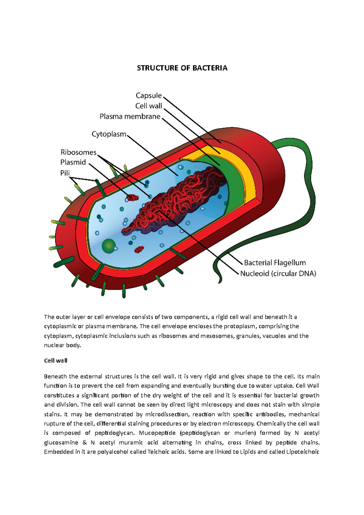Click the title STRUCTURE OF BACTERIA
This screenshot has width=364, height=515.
(182, 68)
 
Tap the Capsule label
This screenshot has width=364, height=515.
(149, 96)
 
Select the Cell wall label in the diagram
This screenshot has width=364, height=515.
(149, 106)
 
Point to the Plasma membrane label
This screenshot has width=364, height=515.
(130, 116)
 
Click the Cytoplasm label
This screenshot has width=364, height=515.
(109, 134)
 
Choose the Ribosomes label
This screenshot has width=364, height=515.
(78, 152)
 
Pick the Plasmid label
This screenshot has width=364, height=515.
(73, 162)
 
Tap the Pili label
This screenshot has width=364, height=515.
(65, 173)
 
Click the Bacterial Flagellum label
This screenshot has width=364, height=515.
(275, 263)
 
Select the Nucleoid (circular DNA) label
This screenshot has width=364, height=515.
(278, 274)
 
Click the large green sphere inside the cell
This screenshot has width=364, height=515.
(108, 246)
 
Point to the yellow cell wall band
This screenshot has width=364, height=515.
(249, 179)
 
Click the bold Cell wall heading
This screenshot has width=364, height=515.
(56, 361)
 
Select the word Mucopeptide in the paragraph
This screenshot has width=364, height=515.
(157, 433)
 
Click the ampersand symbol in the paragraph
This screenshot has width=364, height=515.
(85, 443)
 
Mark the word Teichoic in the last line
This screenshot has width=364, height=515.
(158, 452)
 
